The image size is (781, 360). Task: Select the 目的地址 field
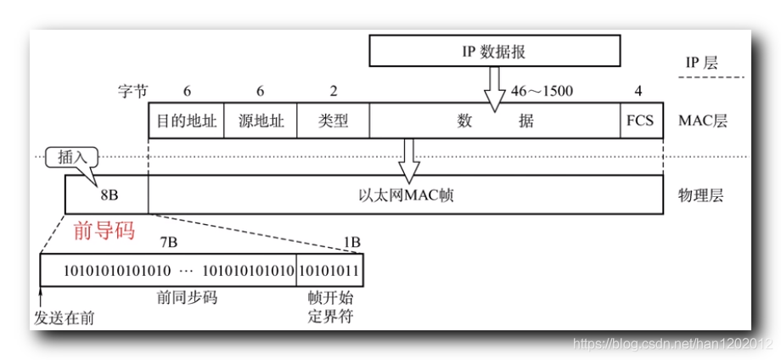tap(186, 121)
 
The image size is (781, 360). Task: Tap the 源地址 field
tap(260, 121)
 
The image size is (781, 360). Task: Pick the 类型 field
tap(333, 121)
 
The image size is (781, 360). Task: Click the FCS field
tap(640, 121)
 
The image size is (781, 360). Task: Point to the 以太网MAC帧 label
tap(406, 195)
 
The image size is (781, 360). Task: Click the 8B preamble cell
tap(109, 195)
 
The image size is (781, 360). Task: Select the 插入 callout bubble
tap(71, 157)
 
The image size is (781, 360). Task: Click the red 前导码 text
tap(104, 230)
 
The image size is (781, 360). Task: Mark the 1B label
tap(351, 242)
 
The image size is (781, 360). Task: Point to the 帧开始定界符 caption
tap(329, 308)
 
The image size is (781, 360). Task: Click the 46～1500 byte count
tap(542, 91)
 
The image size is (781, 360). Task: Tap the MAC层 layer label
tap(702, 121)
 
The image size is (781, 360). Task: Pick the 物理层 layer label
tap(700, 195)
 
